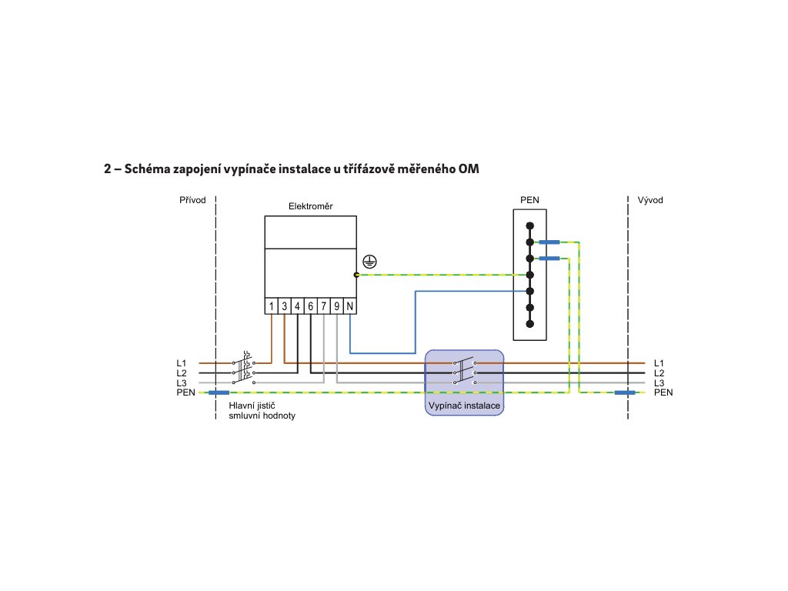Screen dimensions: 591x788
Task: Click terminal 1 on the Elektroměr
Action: [x=272, y=306]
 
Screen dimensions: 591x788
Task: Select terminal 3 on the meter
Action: [x=285, y=306]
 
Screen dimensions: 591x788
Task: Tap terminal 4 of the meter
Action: [x=298, y=306]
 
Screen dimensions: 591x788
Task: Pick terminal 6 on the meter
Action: [x=311, y=306]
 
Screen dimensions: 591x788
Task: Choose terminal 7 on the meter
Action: [x=324, y=306]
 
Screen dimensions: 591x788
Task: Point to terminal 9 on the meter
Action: [x=337, y=306]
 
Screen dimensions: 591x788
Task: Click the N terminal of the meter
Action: [x=350, y=306]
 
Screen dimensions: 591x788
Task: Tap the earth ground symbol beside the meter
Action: [x=370, y=260]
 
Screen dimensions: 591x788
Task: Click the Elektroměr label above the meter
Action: [x=311, y=206]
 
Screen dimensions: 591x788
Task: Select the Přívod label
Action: [x=192, y=200]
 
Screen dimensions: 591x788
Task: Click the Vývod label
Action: [x=650, y=200]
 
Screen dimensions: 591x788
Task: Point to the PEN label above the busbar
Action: [x=529, y=200]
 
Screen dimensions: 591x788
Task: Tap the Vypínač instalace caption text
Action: [x=464, y=405]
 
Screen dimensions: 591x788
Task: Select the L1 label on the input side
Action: [x=182, y=362]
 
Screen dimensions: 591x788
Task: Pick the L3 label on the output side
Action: [x=659, y=382]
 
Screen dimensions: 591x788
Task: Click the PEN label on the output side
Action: [x=663, y=392]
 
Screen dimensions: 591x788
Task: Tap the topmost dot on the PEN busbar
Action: [x=529, y=226]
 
